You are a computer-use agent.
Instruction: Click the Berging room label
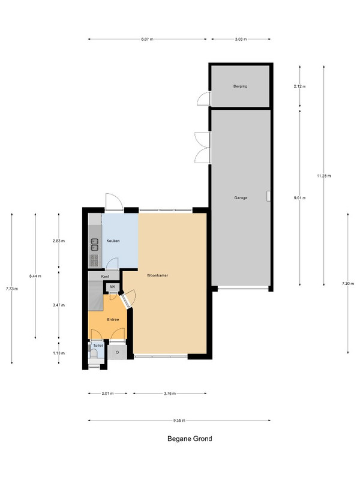point(240,86)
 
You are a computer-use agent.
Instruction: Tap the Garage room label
point(241,198)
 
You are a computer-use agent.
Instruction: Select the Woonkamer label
point(157,275)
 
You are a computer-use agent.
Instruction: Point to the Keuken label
point(113,241)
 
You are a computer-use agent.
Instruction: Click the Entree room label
point(113,320)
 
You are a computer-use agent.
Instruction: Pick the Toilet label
point(98,346)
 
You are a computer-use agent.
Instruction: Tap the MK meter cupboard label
point(112,287)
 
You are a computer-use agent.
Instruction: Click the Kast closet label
point(105,277)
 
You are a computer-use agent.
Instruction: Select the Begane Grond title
point(190,439)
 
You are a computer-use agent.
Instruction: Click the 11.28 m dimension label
point(324,176)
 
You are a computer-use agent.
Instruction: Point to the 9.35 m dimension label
point(179,421)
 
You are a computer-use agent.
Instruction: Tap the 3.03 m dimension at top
point(241,39)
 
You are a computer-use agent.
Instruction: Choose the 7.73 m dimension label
point(12,289)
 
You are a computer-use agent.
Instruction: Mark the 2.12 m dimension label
point(299,86)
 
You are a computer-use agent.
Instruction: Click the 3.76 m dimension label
point(170,394)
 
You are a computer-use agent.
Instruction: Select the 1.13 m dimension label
point(59,353)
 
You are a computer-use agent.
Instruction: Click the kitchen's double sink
point(95,245)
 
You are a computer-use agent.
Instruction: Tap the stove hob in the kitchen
point(95,260)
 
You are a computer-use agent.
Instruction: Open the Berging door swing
point(203,98)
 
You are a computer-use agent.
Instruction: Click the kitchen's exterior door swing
point(114,202)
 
